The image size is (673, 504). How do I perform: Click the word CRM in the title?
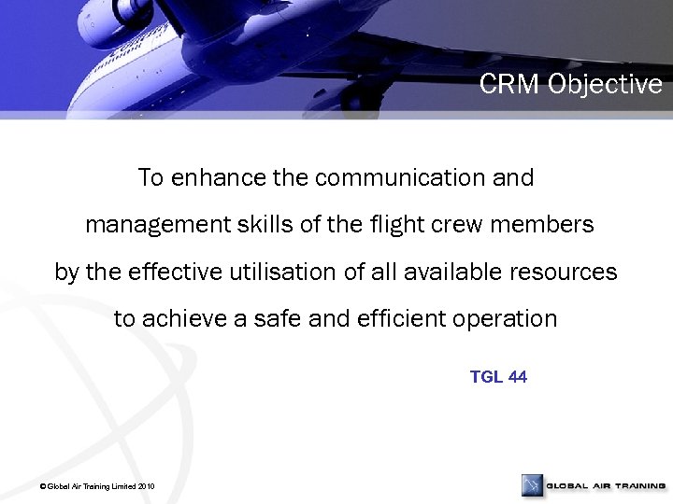tap(510, 85)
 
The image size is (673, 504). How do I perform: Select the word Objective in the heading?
tap(606, 85)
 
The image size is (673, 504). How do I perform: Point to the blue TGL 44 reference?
tap(498, 377)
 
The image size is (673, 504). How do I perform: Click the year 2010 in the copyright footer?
tap(146, 487)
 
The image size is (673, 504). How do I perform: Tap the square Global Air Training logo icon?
tap(532, 485)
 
